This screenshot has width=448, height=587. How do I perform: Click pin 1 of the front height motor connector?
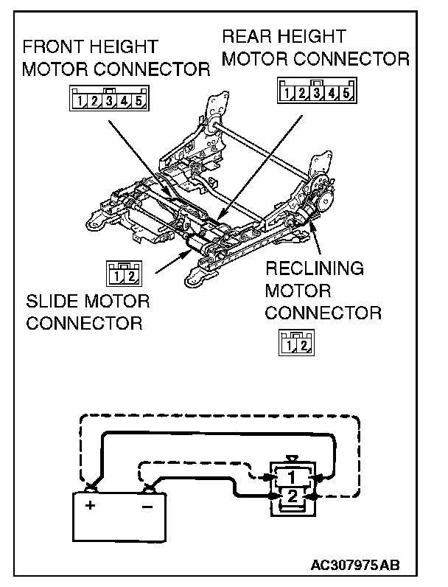point(76,99)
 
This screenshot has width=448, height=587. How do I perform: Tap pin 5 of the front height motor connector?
point(138,99)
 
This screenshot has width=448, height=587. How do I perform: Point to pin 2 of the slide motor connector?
point(130,277)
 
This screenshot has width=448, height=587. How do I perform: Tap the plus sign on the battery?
point(91,506)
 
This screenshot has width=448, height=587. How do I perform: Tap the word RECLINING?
point(314,268)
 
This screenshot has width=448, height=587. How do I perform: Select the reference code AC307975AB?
point(357,566)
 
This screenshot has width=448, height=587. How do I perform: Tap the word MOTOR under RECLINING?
point(298,291)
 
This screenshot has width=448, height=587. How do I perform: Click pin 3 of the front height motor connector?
point(108,99)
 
